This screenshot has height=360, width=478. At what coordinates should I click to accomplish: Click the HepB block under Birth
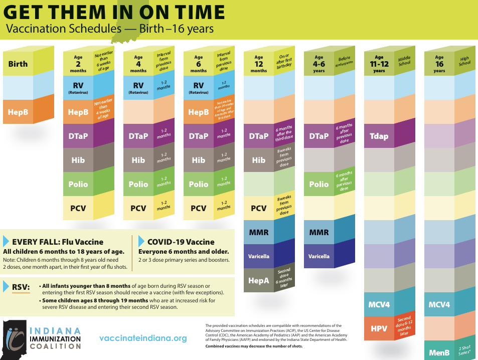[x=18, y=112]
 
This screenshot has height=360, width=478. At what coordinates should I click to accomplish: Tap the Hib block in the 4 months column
[x=138, y=160]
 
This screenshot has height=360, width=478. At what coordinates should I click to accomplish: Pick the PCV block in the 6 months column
[x=198, y=208]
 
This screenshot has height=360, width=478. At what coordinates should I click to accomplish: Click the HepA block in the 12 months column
[x=258, y=280]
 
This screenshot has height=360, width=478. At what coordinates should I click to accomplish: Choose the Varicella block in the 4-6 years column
[x=318, y=256]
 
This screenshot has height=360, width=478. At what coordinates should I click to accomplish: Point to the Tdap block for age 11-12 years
[x=379, y=136]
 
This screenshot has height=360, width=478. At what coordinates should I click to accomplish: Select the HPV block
[x=379, y=328]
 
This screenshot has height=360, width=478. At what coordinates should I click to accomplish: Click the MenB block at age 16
[x=439, y=352]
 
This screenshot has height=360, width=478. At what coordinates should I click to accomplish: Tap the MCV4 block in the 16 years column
[x=439, y=304]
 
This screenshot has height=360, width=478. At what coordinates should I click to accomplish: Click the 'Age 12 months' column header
[x=258, y=64]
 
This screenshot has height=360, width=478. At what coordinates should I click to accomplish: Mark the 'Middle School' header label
[x=404, y=60]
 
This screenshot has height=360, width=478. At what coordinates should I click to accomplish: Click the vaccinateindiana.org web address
[x=143, y=338]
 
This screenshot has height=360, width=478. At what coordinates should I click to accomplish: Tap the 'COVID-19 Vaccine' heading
[x=181, y=242]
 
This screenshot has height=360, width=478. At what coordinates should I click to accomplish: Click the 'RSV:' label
[x=21, y=287]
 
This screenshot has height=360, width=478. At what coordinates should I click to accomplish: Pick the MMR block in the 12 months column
[x=258, y=232]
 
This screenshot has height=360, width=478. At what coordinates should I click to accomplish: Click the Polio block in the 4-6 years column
[x=318, y=184]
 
